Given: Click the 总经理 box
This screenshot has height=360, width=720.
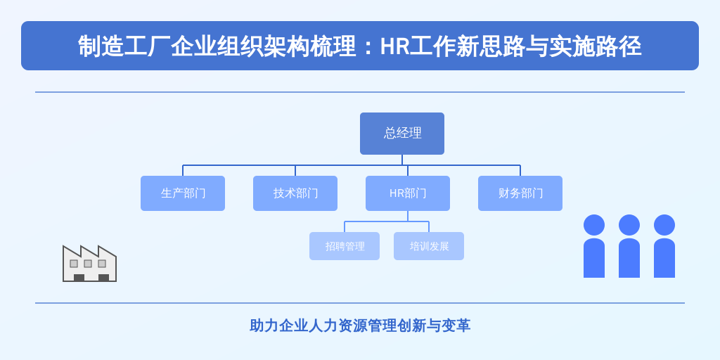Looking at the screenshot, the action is click(x=401, y=133).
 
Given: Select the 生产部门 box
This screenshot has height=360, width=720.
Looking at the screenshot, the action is click(x=183, y=193).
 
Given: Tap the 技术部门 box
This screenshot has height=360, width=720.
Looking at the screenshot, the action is click(x=295, y=193).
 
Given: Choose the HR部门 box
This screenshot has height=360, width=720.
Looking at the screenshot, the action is click(x=408, y=193).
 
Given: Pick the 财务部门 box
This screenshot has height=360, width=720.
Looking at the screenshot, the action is click(x=520, y=193).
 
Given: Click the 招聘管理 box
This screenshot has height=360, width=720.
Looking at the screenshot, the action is click(x=345, y=246).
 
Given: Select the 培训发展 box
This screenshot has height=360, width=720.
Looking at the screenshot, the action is click(x=429, y=246).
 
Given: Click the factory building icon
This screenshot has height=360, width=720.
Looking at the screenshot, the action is click(x=89, y=264).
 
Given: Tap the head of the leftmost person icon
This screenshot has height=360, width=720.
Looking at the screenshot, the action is click(x=594, y=225).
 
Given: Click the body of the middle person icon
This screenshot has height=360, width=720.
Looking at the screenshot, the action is click(x=629, y=258).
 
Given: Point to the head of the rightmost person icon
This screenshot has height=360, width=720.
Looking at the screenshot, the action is click(x=664, y=225).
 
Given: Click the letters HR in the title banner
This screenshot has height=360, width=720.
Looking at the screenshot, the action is click(x=394, y=46).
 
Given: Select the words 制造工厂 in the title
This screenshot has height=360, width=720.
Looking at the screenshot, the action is click(x=124, y=46).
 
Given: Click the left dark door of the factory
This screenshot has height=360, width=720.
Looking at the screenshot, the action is click(x=79, y=278).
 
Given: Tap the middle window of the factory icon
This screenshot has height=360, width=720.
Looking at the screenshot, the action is click(x=88, y=264).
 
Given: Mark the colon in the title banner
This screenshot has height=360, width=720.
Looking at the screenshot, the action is click(x=368, y=47).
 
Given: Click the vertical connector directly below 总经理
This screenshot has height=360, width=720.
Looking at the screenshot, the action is click(x=402, y=160).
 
